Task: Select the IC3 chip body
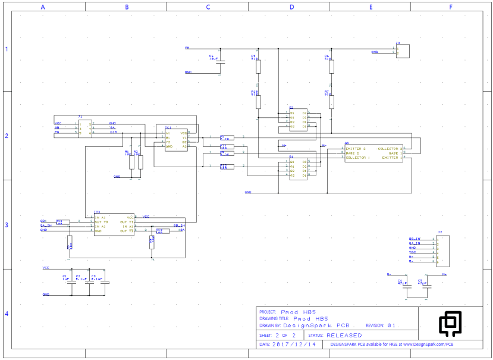pos(114,224)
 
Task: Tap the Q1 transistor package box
pos(373,153)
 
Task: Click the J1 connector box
pos(84,128)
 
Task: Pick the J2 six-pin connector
pos(442,249)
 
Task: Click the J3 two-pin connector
pos(402,52)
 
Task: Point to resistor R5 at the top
pos(258,66)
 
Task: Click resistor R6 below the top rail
pos(331,66)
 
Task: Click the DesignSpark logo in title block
pos(450,323)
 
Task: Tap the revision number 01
pos(391,325)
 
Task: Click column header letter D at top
pos(291,7)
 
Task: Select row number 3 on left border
pos(7,225)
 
